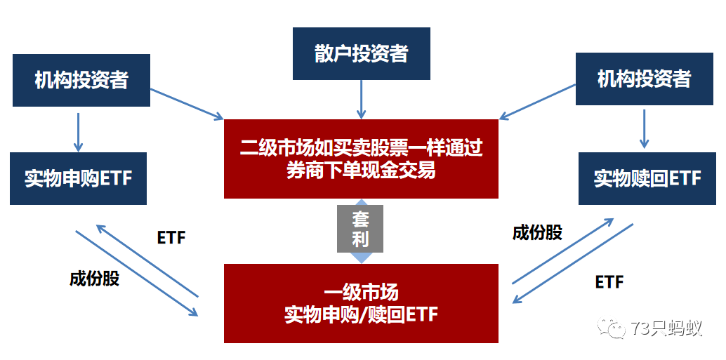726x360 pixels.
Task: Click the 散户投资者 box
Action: [361, 53]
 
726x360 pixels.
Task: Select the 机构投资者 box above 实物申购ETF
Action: [81, 79]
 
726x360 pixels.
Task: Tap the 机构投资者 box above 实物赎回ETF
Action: [644, 79]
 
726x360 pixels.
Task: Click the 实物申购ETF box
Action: [78, 178]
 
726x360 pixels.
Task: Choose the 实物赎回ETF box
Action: [647, 178]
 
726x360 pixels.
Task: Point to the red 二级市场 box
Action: [361, 159]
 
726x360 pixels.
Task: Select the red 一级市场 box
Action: [361, 303]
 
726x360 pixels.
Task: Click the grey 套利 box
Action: [361, 228]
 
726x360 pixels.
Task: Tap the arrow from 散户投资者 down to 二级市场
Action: [361, 99]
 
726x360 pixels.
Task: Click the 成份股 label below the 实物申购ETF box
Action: [94, 279]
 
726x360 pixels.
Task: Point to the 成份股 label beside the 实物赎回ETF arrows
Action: [537, 232]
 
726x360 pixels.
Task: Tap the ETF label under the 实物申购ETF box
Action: [171, 237]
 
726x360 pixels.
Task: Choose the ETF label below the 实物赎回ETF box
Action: [609, 282]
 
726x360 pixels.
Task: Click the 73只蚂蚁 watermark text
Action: [666, 328]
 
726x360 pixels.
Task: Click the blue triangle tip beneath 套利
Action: [361, 258]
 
